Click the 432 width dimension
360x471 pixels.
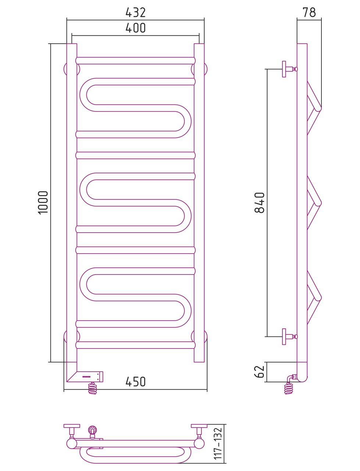click(136, 13)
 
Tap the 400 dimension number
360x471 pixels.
click(136, 28)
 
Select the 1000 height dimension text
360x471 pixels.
click(43, 202)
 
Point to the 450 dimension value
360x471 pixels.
click(136, 382)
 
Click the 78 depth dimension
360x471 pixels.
click(309, 13)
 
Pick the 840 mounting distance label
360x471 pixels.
click(260, 202)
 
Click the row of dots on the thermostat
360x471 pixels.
click(86, 376)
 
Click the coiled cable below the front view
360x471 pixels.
click(92, 388)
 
